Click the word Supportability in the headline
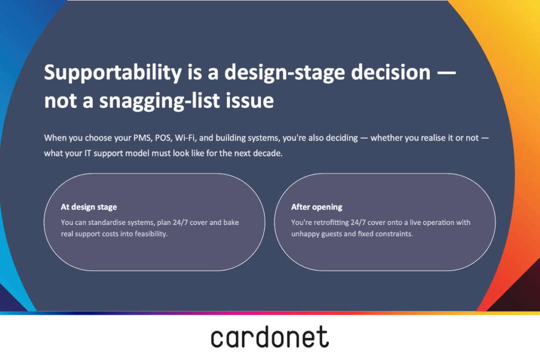tap(113, 73)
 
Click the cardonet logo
tap(270, 337)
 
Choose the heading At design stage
tap(89, 207)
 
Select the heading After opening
tap(317, 207)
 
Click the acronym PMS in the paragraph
tap(142, 138)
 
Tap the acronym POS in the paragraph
tap(163, 138)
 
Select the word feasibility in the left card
tap(151, 234)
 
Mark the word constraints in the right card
tap(395, 234)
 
